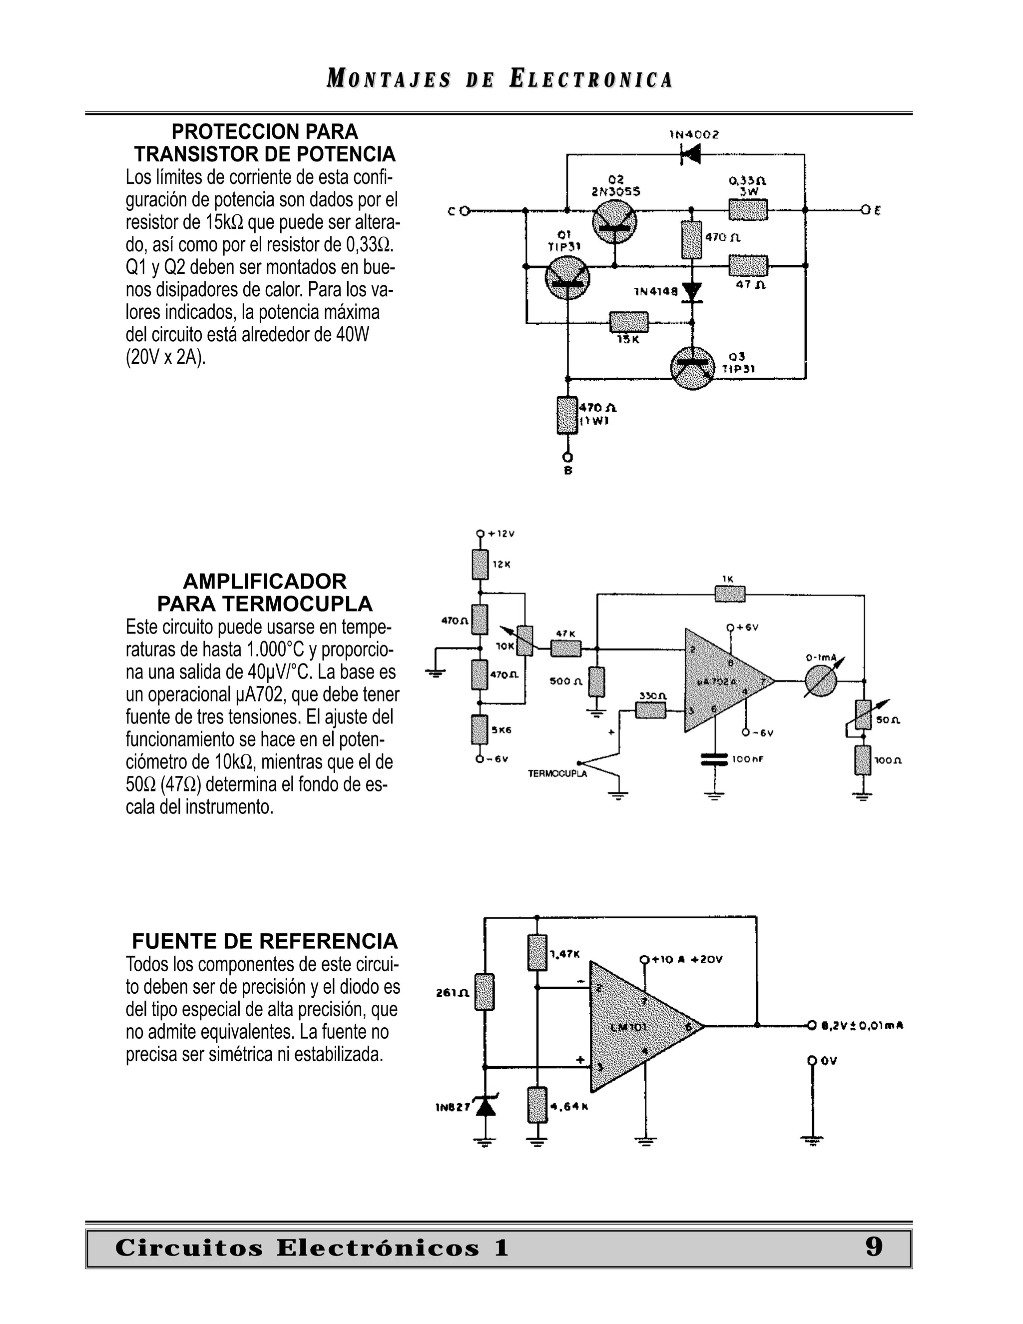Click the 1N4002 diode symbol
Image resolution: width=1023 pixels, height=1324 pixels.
690,155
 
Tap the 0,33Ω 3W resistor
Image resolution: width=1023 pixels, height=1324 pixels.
748,210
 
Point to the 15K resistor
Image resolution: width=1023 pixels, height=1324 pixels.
628,322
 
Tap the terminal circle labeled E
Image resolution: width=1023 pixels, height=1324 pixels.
866,210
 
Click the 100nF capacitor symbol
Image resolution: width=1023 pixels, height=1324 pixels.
714,759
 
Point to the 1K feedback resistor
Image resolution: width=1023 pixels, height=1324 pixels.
730,594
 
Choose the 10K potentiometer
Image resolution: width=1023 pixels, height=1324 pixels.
525,641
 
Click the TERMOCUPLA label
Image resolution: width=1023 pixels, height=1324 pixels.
557,774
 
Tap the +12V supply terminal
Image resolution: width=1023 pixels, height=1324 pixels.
480,534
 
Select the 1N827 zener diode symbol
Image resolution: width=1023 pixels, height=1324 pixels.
485,1106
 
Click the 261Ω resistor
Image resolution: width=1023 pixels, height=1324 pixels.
484,992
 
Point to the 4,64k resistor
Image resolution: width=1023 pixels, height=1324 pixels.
537,1105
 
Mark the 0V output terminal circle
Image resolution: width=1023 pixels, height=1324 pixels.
812,1060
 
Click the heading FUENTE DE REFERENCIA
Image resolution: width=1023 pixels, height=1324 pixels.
265,941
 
